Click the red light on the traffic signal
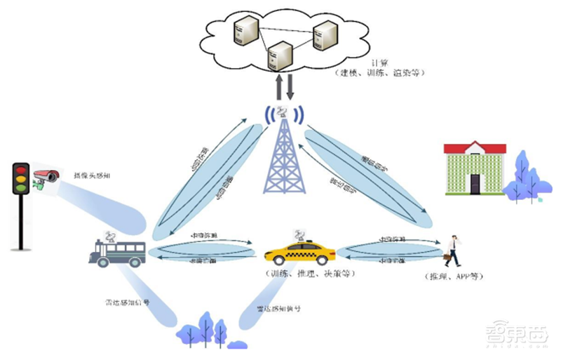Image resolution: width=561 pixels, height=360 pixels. click(21, 170)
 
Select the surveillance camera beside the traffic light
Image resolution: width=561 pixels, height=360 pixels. click(46, 176)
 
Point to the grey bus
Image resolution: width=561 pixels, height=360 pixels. click(117, 252)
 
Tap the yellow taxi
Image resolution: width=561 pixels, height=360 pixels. click(300, 251)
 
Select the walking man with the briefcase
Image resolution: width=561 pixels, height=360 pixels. click(454, 251)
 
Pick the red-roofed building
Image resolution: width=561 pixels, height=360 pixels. click(475, 168)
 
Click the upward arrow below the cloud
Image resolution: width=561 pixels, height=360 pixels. click(279, 88)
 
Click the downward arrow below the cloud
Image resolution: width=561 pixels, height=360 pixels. click(290, 88)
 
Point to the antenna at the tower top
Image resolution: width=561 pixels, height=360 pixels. click(283, 113)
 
